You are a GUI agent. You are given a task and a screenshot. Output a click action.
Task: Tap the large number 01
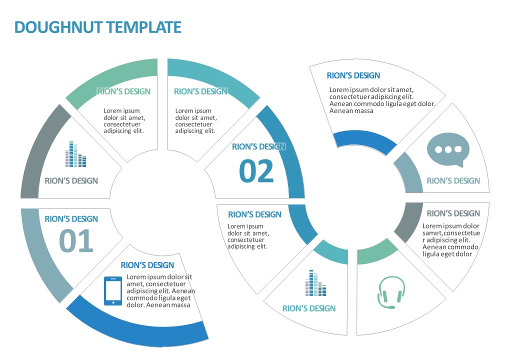(x=76, y=241)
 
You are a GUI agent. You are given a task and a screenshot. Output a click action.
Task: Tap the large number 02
(x=256, y=171)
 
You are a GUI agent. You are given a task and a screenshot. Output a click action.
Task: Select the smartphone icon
(x=113, y=290)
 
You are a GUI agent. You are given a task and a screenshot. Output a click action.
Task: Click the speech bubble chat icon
(x=448, y=150)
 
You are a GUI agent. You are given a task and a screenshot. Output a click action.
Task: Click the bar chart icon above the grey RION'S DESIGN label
(x=75, y=154)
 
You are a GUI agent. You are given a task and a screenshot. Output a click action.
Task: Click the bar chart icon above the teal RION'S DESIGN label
(x=315, y=283)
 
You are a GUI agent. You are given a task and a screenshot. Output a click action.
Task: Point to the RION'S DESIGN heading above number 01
(x=71, y=219)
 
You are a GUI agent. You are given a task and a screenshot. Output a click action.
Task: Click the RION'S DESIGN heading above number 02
(x=258, y=147)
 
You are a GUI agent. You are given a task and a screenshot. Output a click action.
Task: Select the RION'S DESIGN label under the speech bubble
(x=453, y=181)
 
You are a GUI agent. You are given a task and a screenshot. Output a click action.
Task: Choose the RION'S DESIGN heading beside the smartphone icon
(x=147, y=265)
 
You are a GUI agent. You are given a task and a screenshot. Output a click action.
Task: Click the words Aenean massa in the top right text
(x=351, y=111)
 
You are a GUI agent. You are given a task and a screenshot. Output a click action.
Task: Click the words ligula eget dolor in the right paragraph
(x=447, y=254)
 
